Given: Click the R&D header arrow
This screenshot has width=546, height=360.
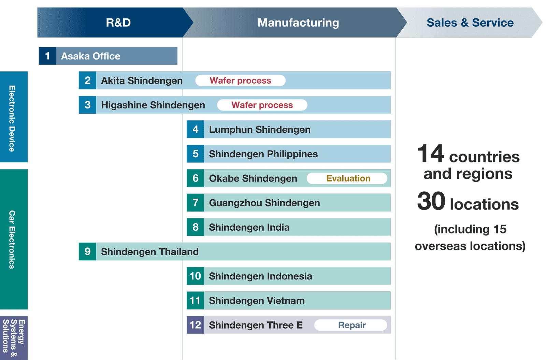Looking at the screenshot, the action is [x=115, y=23].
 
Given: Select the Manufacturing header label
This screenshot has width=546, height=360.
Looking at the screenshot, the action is [x=298, y=23].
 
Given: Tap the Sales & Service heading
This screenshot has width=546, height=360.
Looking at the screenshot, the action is [x=470, y=23].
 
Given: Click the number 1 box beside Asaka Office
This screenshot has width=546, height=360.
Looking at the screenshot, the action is [x=47, y=56].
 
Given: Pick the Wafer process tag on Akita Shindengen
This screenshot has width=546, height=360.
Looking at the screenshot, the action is [x=240, y=81].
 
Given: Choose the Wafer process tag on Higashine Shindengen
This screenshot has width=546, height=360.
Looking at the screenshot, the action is [x=262, y=105].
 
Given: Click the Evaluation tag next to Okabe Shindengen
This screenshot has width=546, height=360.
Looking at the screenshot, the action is [x=347, y=178].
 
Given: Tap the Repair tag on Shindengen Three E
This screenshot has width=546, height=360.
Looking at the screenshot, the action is [x=351, y=325].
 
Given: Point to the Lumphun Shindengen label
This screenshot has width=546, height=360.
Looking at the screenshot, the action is [x=260, y=129].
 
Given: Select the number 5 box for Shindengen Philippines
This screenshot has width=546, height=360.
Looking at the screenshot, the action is [x=196, y=154].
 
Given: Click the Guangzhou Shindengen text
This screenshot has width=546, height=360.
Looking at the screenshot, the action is [x=264, y=203].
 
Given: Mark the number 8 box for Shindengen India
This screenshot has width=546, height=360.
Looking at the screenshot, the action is [x=196, y=227].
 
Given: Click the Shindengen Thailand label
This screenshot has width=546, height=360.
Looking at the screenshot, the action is [x=150, y=251].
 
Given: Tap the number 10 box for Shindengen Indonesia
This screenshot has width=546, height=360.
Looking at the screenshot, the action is [x=196, y=276].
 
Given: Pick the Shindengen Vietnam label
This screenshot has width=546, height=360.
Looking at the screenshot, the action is [x=257, y=301].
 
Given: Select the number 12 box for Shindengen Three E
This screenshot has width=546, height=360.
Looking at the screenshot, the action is [x=196, y=325].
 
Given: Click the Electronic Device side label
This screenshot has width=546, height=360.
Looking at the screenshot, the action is [x=12, y=118].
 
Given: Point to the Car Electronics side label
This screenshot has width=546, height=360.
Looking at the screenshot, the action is [x=12, y=240].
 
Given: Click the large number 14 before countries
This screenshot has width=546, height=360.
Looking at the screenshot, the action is [x=431, y=153].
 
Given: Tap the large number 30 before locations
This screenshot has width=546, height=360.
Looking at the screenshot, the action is [x=431, y=201].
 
